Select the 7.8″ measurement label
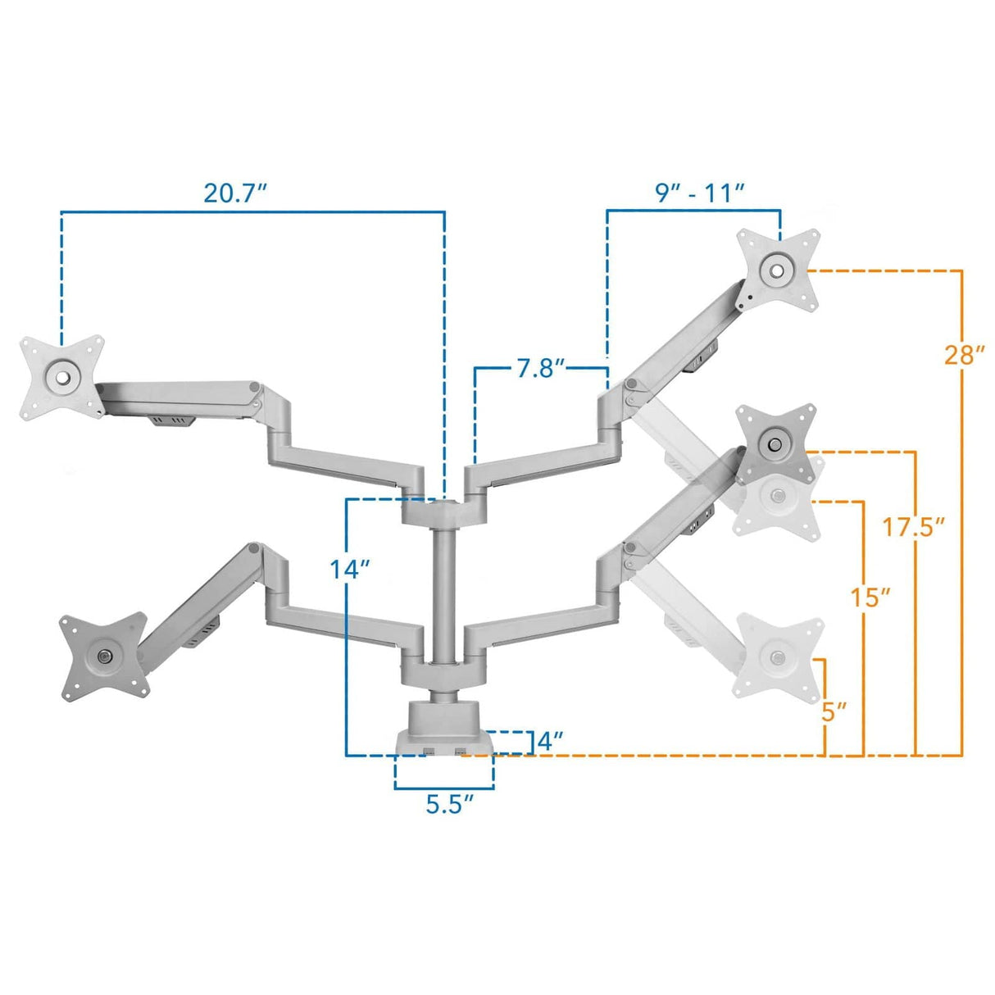point(541,369)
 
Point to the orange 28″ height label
point(963,356)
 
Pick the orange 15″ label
point(870,597)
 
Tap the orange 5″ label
point(834,711)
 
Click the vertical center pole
point(443,590)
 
